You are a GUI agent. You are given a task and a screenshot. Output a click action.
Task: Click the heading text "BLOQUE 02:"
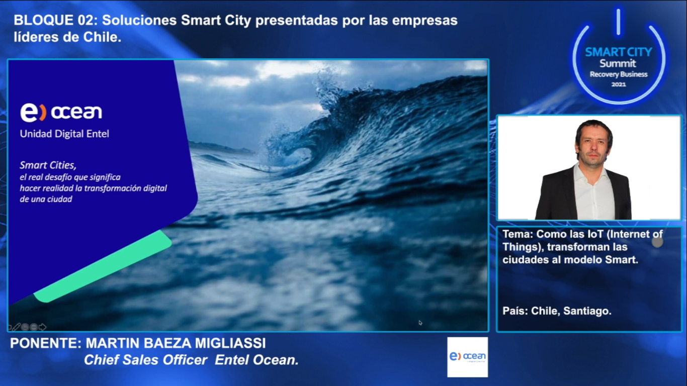point(55,20)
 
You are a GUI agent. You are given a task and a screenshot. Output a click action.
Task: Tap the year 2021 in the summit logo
point(619,84)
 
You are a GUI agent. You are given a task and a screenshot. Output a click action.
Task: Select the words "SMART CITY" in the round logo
point(619,52)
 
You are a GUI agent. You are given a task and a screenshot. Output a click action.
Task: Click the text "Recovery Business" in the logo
point(619,74)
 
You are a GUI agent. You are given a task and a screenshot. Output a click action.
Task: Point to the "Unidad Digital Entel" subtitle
point(64,134)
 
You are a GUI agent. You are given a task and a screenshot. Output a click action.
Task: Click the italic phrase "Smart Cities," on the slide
point(48,165)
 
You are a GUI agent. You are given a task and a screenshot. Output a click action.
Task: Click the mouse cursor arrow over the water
point(420,323)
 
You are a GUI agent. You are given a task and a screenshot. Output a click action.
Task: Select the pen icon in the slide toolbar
point(16,327)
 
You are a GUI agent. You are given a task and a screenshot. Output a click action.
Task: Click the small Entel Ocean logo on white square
point(467,357)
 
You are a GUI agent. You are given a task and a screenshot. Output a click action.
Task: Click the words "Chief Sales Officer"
point(146,360)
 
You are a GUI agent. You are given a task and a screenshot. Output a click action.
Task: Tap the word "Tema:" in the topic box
point(518,234)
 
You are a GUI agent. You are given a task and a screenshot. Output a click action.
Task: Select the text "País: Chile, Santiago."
point(557,311)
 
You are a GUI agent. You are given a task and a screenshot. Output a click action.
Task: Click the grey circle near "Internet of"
point(657,242)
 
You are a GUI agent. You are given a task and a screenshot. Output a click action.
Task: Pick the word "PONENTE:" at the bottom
point(46,343)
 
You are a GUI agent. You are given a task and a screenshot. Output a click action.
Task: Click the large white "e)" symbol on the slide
point(33,112)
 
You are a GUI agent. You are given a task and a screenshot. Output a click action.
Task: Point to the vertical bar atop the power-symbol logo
point(619,22)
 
